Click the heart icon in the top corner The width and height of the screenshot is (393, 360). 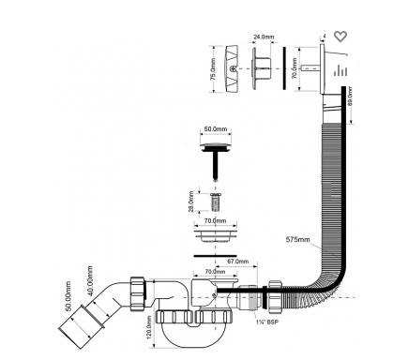click(340, 37)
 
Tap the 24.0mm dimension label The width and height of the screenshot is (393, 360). click(264, 37)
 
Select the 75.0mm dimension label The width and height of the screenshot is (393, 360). click(213, 69)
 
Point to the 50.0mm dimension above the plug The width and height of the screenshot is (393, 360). click(216, 128)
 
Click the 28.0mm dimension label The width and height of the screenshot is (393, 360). click(191, 202)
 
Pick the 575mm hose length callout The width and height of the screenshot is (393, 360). click(298, 239)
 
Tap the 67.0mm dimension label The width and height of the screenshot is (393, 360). click(238, 262)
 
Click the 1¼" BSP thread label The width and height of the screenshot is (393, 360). click(266, 322)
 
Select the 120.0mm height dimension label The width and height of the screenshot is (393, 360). click(149, 327)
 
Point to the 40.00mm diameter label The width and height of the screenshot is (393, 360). click(90, 280)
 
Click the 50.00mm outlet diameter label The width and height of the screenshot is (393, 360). click(68, 296)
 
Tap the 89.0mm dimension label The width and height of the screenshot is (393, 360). click(350, 97)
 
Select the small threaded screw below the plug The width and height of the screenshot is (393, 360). click(215, 202)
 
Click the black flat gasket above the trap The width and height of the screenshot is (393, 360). click(215, 256)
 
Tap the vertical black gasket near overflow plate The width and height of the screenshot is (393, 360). click(284, 68)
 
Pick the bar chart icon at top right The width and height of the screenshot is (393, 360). click(340, 70)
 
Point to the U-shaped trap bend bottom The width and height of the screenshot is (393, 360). click(194, 339)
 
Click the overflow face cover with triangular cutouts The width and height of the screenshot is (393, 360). click(232, 68)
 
